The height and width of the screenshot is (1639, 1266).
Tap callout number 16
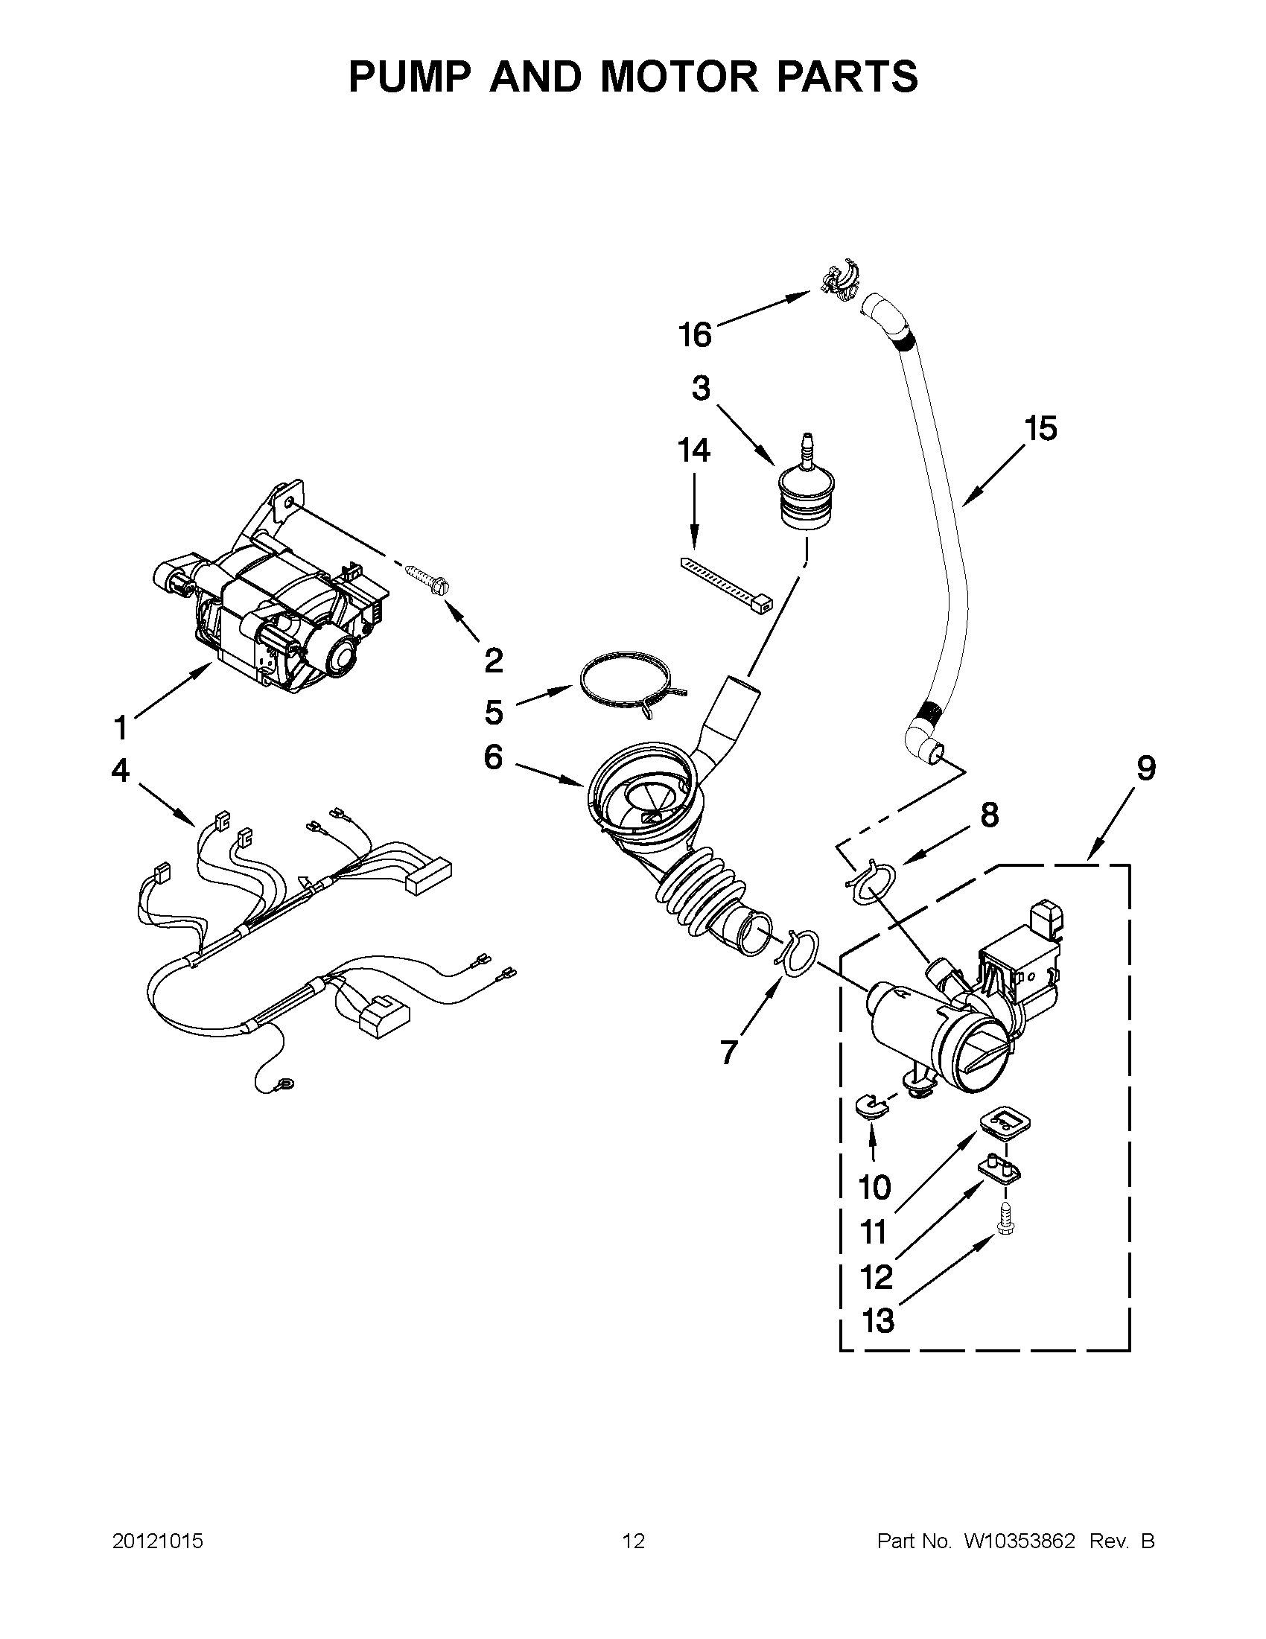click(x=695, y=334)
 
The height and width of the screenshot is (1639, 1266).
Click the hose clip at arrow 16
click(x=840, y=282)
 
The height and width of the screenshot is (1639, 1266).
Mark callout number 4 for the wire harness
click(x=121, y=771)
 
